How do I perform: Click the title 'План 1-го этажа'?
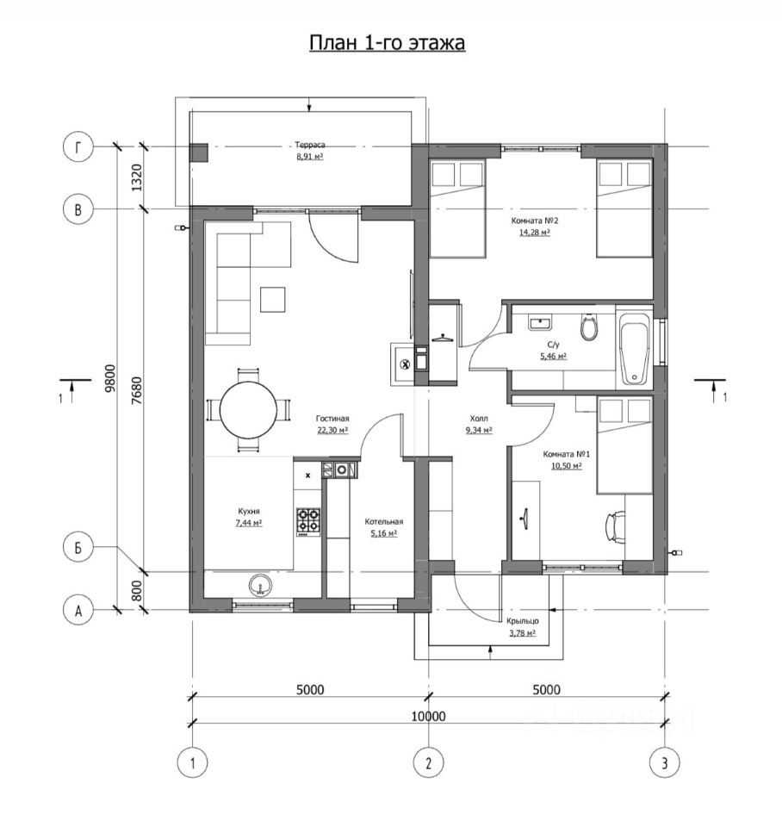coord(387,43)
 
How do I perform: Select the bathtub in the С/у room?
coord(635,349)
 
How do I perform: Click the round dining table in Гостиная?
coord(248,411)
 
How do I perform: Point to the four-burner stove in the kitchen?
coord(308,520)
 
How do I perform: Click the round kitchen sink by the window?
coord(260,585)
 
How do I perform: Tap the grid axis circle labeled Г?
coord(78,147)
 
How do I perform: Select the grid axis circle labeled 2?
coord(428,762)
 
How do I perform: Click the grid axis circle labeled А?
coord(78,611)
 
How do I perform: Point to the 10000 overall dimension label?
coord(428,716)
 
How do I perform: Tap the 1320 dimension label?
coord(137,177)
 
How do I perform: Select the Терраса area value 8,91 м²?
coord(309,156)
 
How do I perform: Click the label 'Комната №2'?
coord(534,221)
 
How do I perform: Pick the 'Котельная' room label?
coord(384,522)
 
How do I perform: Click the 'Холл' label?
coord(479,419)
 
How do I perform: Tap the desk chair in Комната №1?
coord(615,525)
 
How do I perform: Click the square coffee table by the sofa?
coord(273,300)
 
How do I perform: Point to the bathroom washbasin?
coord(539,322)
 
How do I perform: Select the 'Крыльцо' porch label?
coord(523,621)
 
